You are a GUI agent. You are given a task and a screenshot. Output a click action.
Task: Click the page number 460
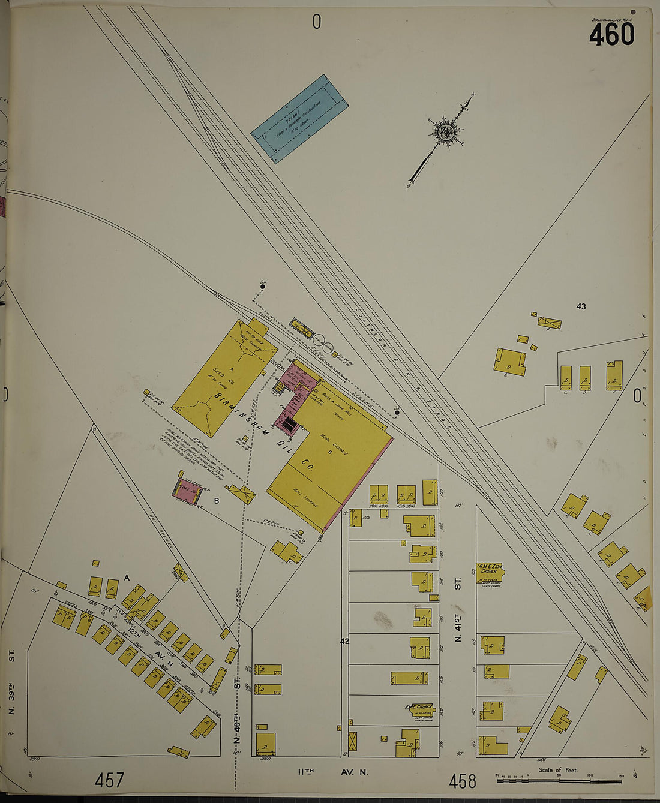pos(611,35)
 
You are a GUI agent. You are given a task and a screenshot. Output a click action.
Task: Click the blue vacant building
pos(299,118)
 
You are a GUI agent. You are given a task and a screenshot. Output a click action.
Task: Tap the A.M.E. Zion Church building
pos(490,573)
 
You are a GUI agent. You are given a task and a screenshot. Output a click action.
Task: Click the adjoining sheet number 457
pos(109,780)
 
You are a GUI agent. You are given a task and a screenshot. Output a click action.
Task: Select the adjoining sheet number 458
pos(463,781)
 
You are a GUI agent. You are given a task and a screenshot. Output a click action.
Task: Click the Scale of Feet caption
pos(557,769)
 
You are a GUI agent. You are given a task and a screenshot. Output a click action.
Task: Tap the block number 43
pos(581,306)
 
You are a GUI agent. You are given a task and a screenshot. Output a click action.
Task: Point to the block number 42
pos(344,641)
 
